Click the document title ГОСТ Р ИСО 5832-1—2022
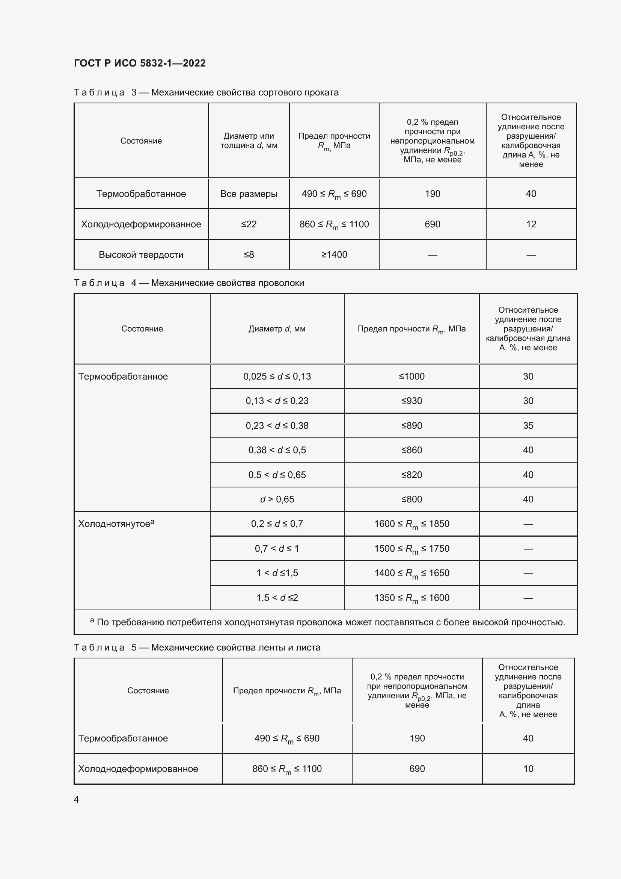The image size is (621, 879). pos(140,63)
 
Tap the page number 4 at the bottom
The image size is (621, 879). pos(77,799)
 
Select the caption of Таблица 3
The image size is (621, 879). pos(206,92)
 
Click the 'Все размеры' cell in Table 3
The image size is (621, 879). pos(249,194)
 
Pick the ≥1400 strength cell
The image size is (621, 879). pos(334,254)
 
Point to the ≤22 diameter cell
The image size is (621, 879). pos(249,224)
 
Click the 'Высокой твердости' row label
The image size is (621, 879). pos(141,254)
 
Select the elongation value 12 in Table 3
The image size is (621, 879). pos(531,224)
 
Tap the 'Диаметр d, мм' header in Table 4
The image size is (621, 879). pos(277,328)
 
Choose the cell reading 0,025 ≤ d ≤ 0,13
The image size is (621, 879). pos(277,376)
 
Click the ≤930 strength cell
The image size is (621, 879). pos(411,401)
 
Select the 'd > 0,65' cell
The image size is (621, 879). pos(277,499)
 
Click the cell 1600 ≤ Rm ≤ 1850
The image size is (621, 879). pos(411,524)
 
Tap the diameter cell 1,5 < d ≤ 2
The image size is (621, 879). pos(277,598)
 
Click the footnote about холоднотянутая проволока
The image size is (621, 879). pos(327,622)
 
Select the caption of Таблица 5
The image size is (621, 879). pos(197,648)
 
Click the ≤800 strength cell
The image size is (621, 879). pos(411,499)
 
